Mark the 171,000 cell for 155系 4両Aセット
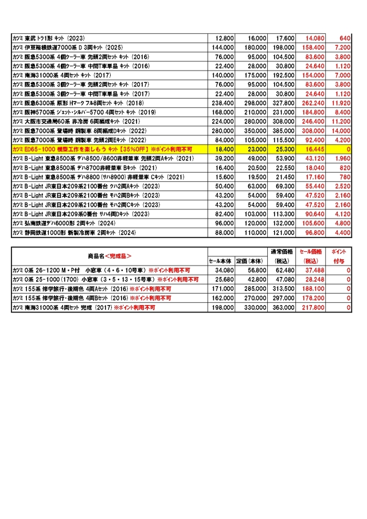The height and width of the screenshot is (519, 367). coord(222,289)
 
